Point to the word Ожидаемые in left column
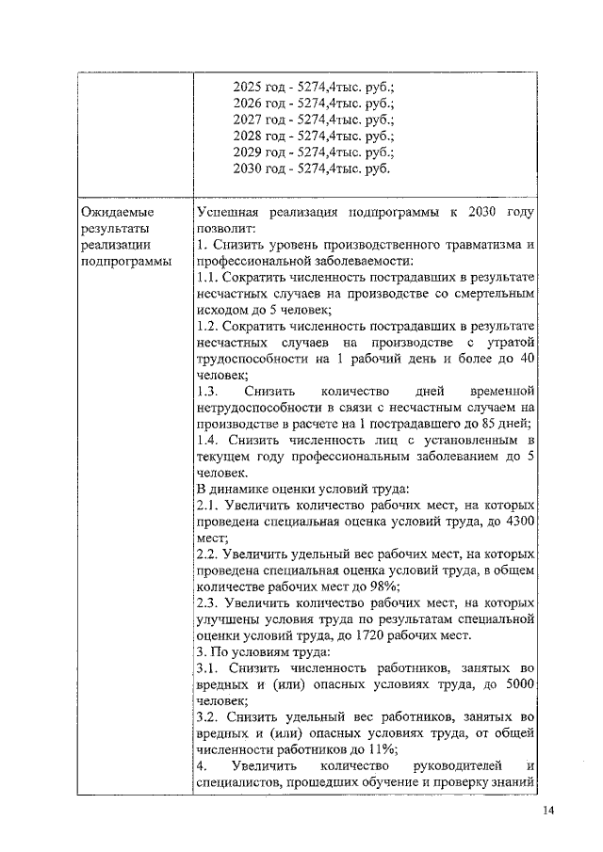pos(117,213)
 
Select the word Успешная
pos(232,213)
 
